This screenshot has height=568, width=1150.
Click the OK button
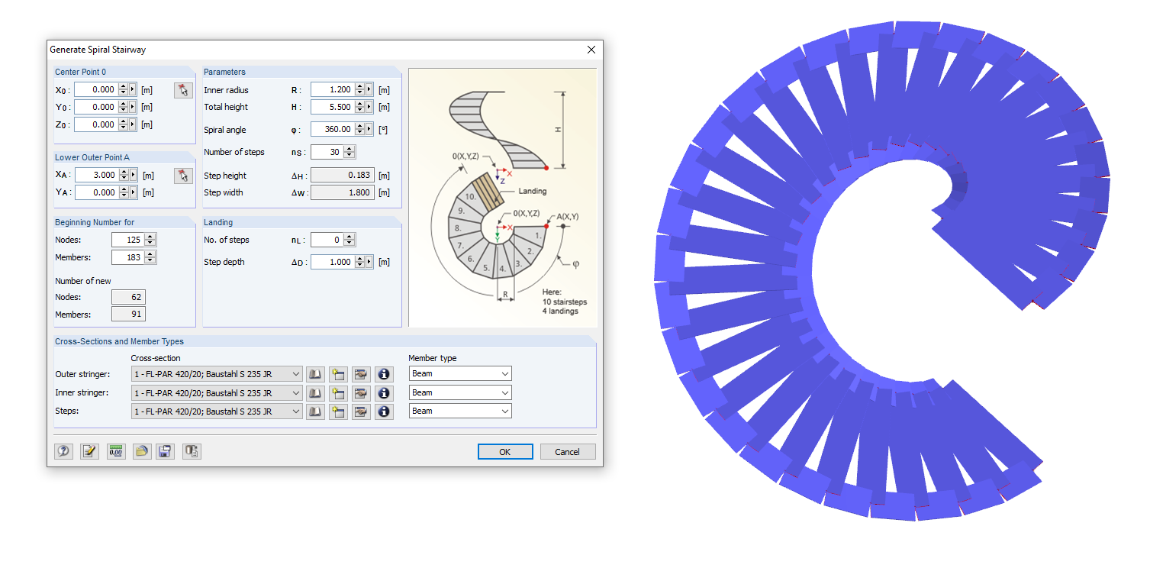504,452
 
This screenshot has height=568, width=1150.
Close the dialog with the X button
591,50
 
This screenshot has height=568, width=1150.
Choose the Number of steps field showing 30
326,152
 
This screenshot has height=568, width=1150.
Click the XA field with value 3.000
96,175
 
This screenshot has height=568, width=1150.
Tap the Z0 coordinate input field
96,124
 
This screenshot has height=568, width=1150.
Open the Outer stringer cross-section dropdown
217,374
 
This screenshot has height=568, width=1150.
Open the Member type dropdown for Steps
460,411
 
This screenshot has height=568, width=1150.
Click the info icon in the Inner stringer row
384,392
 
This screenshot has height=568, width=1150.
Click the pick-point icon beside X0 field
182,90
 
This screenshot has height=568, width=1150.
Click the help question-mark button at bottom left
64,451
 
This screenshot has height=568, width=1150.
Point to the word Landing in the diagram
533,192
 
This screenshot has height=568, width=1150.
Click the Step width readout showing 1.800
341,192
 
